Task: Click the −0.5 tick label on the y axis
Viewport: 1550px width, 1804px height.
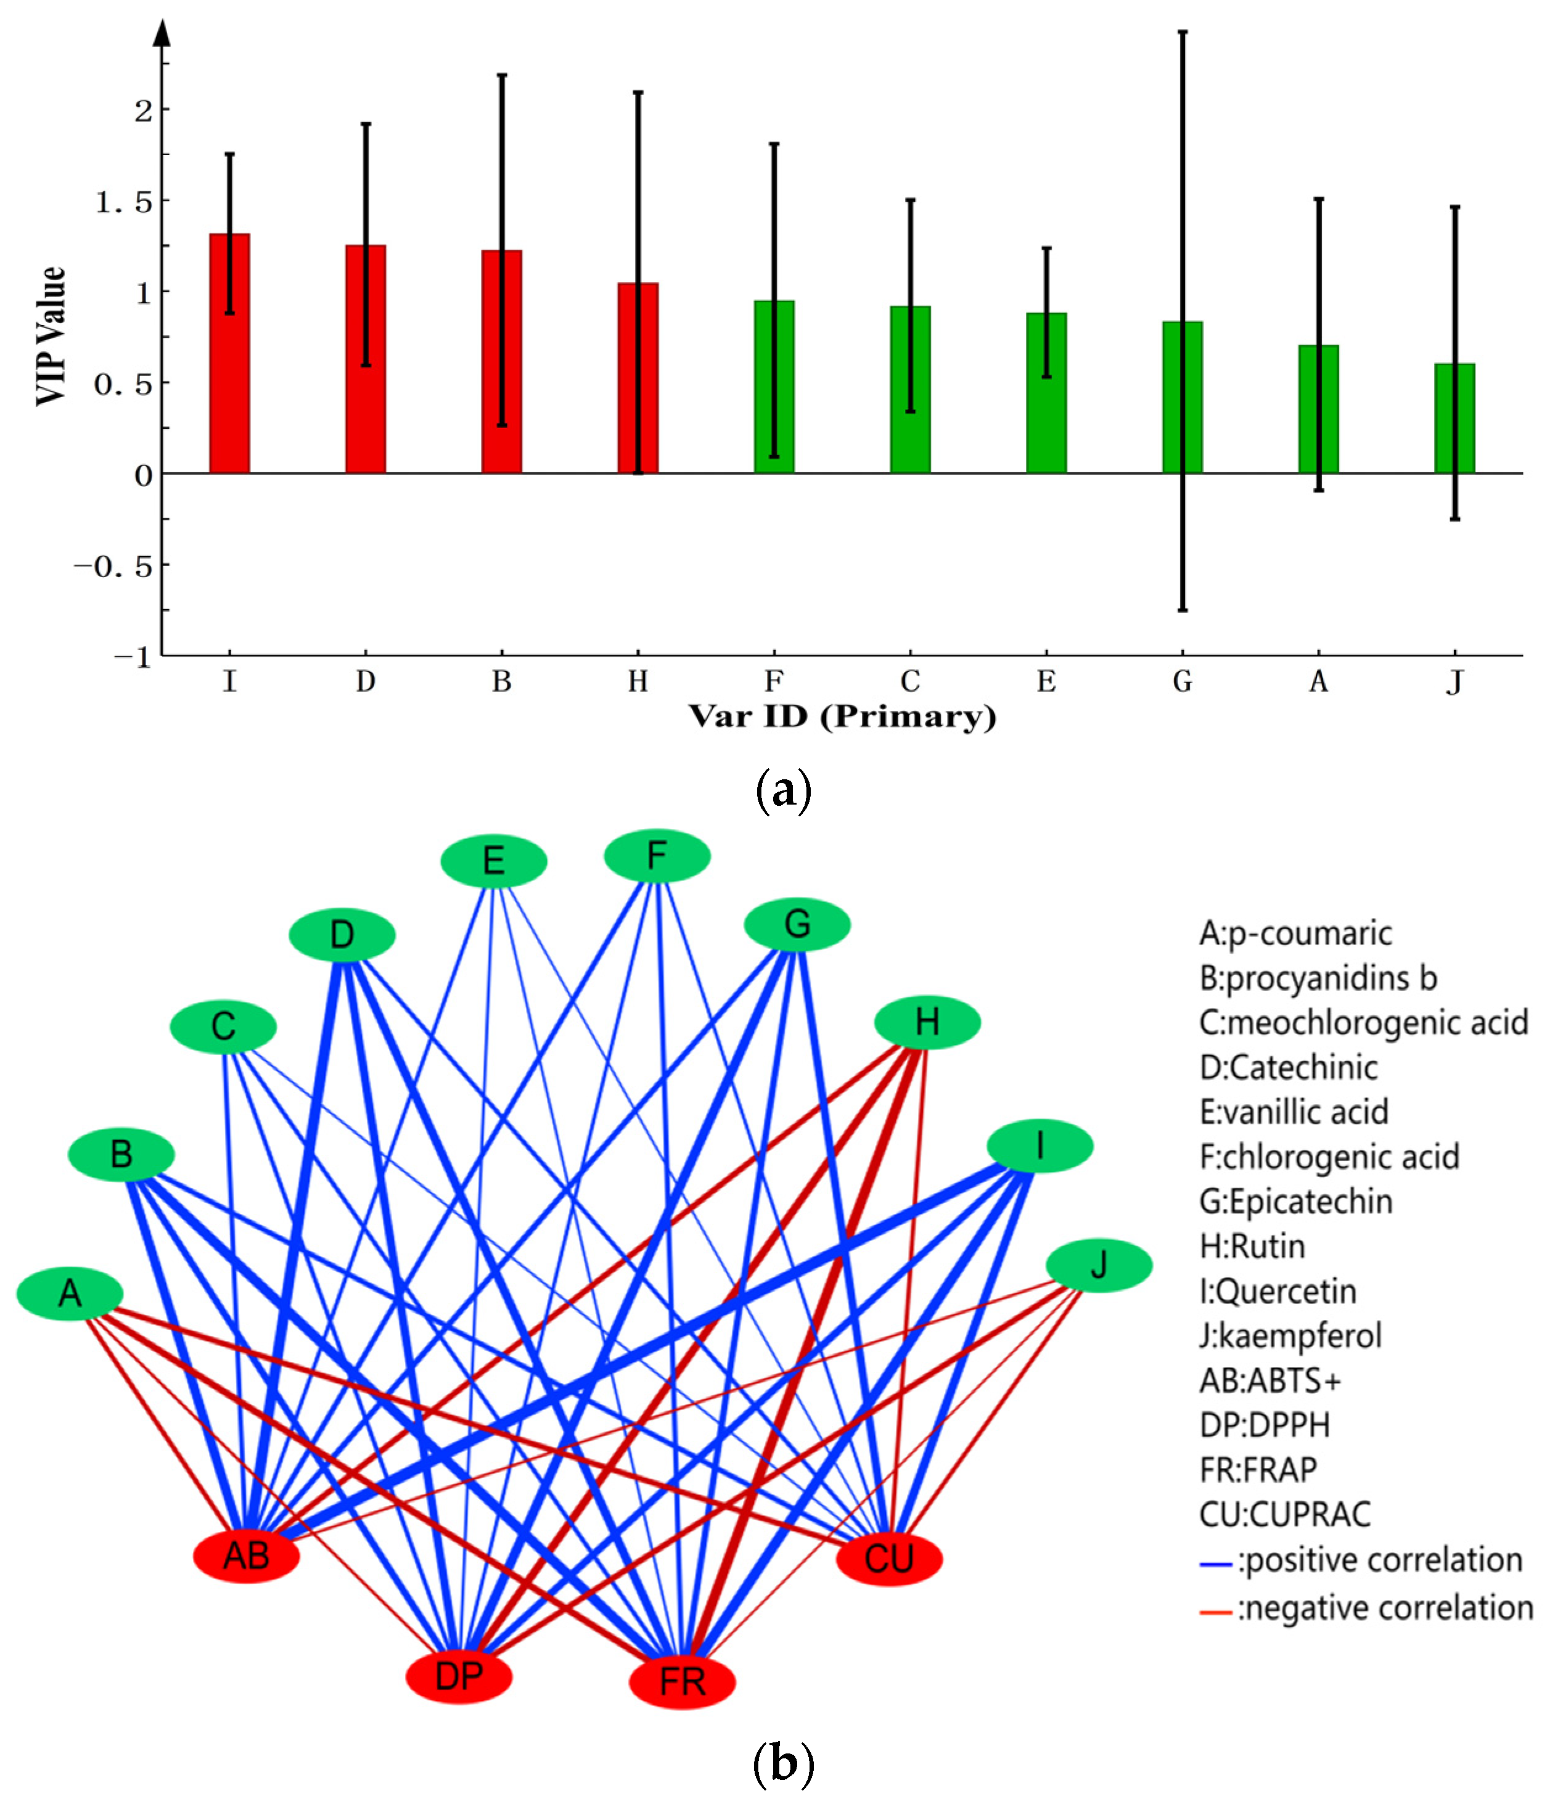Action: coord(113,566)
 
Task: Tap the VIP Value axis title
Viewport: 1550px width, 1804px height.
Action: coord(51,336)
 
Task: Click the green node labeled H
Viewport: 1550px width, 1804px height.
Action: coord(927,1021)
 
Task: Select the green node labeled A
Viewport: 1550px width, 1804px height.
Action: coord(70,1294)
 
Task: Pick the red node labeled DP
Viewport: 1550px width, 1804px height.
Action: coord(458,1675)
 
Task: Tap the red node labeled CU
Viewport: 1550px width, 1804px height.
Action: coord(888,1559)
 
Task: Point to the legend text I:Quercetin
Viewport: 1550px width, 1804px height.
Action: coord(1277,1291)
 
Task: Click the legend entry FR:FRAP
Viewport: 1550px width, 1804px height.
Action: coord(1257,1470)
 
